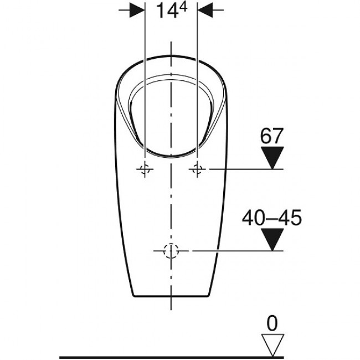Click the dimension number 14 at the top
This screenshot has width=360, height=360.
pyautogui.click(x=167, y=11)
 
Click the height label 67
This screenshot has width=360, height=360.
pyautogui.click(x=271, y=136)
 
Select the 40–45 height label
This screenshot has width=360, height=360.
pyautogui.click(x=272, y=218)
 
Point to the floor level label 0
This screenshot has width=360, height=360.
pyautogui.click(x=272, y=323)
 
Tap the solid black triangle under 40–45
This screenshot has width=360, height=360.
pyautogui.click(x=272, y=239)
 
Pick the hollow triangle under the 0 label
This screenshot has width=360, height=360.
pyautogui.click(x=272, y=345)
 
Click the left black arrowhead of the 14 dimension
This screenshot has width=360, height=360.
pyautogui.click(x=137, y=10)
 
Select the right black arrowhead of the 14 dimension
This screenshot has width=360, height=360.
pyautogui.click(x=205, y=10)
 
